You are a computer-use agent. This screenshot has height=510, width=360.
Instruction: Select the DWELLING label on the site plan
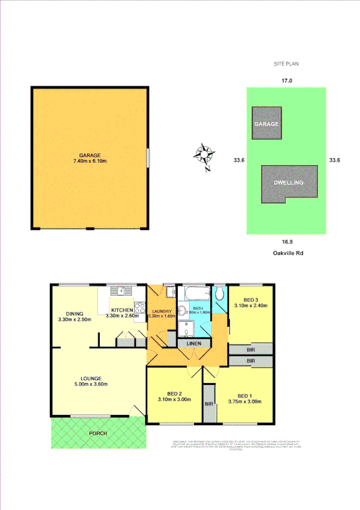pos(288,183)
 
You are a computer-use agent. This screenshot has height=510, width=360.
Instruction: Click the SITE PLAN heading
pos(286,63)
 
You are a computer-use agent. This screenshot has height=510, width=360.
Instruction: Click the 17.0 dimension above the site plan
pos(286,81)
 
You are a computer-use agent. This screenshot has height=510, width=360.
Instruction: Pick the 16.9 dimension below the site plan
pos(286,243)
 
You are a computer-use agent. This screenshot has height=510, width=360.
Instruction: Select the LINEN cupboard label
pos(195,343)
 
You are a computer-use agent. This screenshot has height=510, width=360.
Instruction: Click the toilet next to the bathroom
pos(220,294)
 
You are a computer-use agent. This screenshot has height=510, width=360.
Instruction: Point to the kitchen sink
pos(124,291)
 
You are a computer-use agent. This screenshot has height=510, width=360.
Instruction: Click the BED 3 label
pos(251,300)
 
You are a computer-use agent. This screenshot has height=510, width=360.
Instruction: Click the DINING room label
pos(75,313)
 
